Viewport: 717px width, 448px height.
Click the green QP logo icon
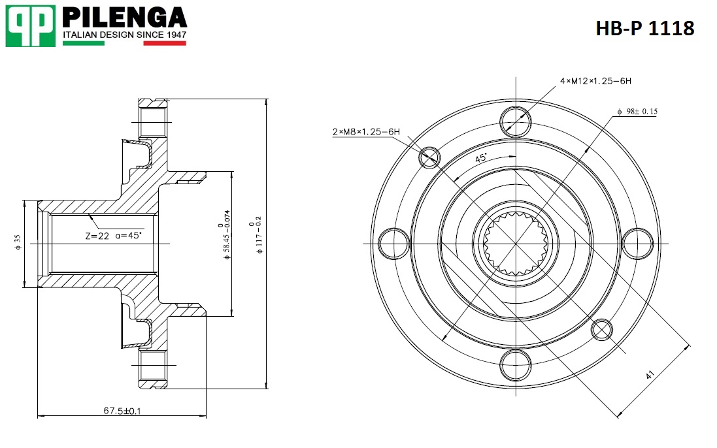(30, 26)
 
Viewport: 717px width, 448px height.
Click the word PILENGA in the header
(124, 17)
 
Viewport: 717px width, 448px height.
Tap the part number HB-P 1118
(644, 28)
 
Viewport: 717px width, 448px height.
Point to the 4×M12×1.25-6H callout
(595, 82)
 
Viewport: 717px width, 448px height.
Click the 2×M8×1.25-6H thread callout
(365, 132)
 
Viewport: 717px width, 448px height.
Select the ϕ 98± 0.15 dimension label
(637, 112)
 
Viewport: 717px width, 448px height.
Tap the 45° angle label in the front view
(481, 159)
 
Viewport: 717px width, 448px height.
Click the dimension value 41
(650, 376)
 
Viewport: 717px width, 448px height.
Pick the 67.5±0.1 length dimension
(122, 411)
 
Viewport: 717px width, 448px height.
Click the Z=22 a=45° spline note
(113, 236)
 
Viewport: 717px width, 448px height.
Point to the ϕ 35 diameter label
(18, 243)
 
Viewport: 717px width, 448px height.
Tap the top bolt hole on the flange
(515, 121)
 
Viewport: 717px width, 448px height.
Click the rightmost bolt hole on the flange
(637, 244)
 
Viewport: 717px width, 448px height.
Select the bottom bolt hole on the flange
(515, 365)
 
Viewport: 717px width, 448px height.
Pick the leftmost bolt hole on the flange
(393, 244)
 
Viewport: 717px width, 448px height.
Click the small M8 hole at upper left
(429, 157)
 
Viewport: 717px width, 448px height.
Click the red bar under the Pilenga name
(165, 44)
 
